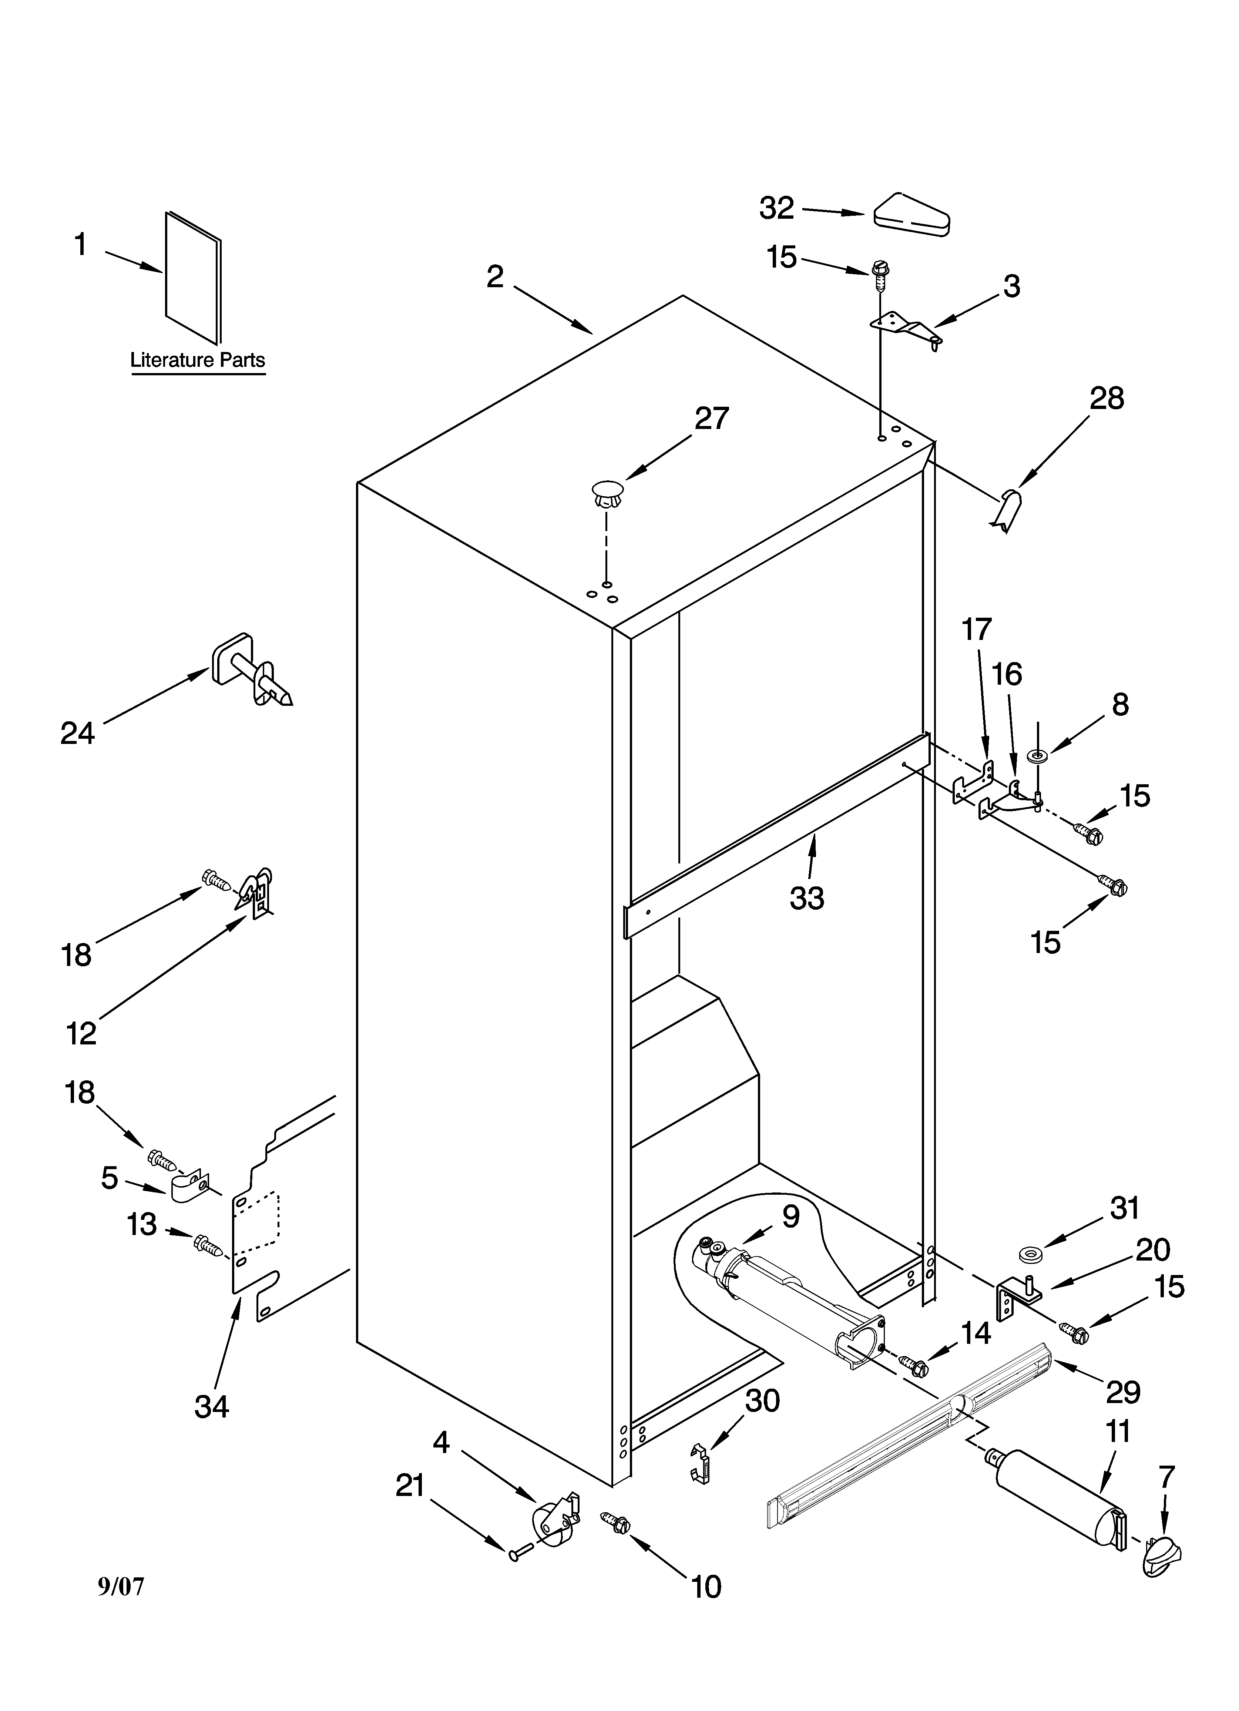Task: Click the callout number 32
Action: (x=776, y=208)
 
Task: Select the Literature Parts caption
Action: (x=198, y=360)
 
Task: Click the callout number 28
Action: (x=1106, y=398)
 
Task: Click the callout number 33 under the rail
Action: (x=807, y=898)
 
